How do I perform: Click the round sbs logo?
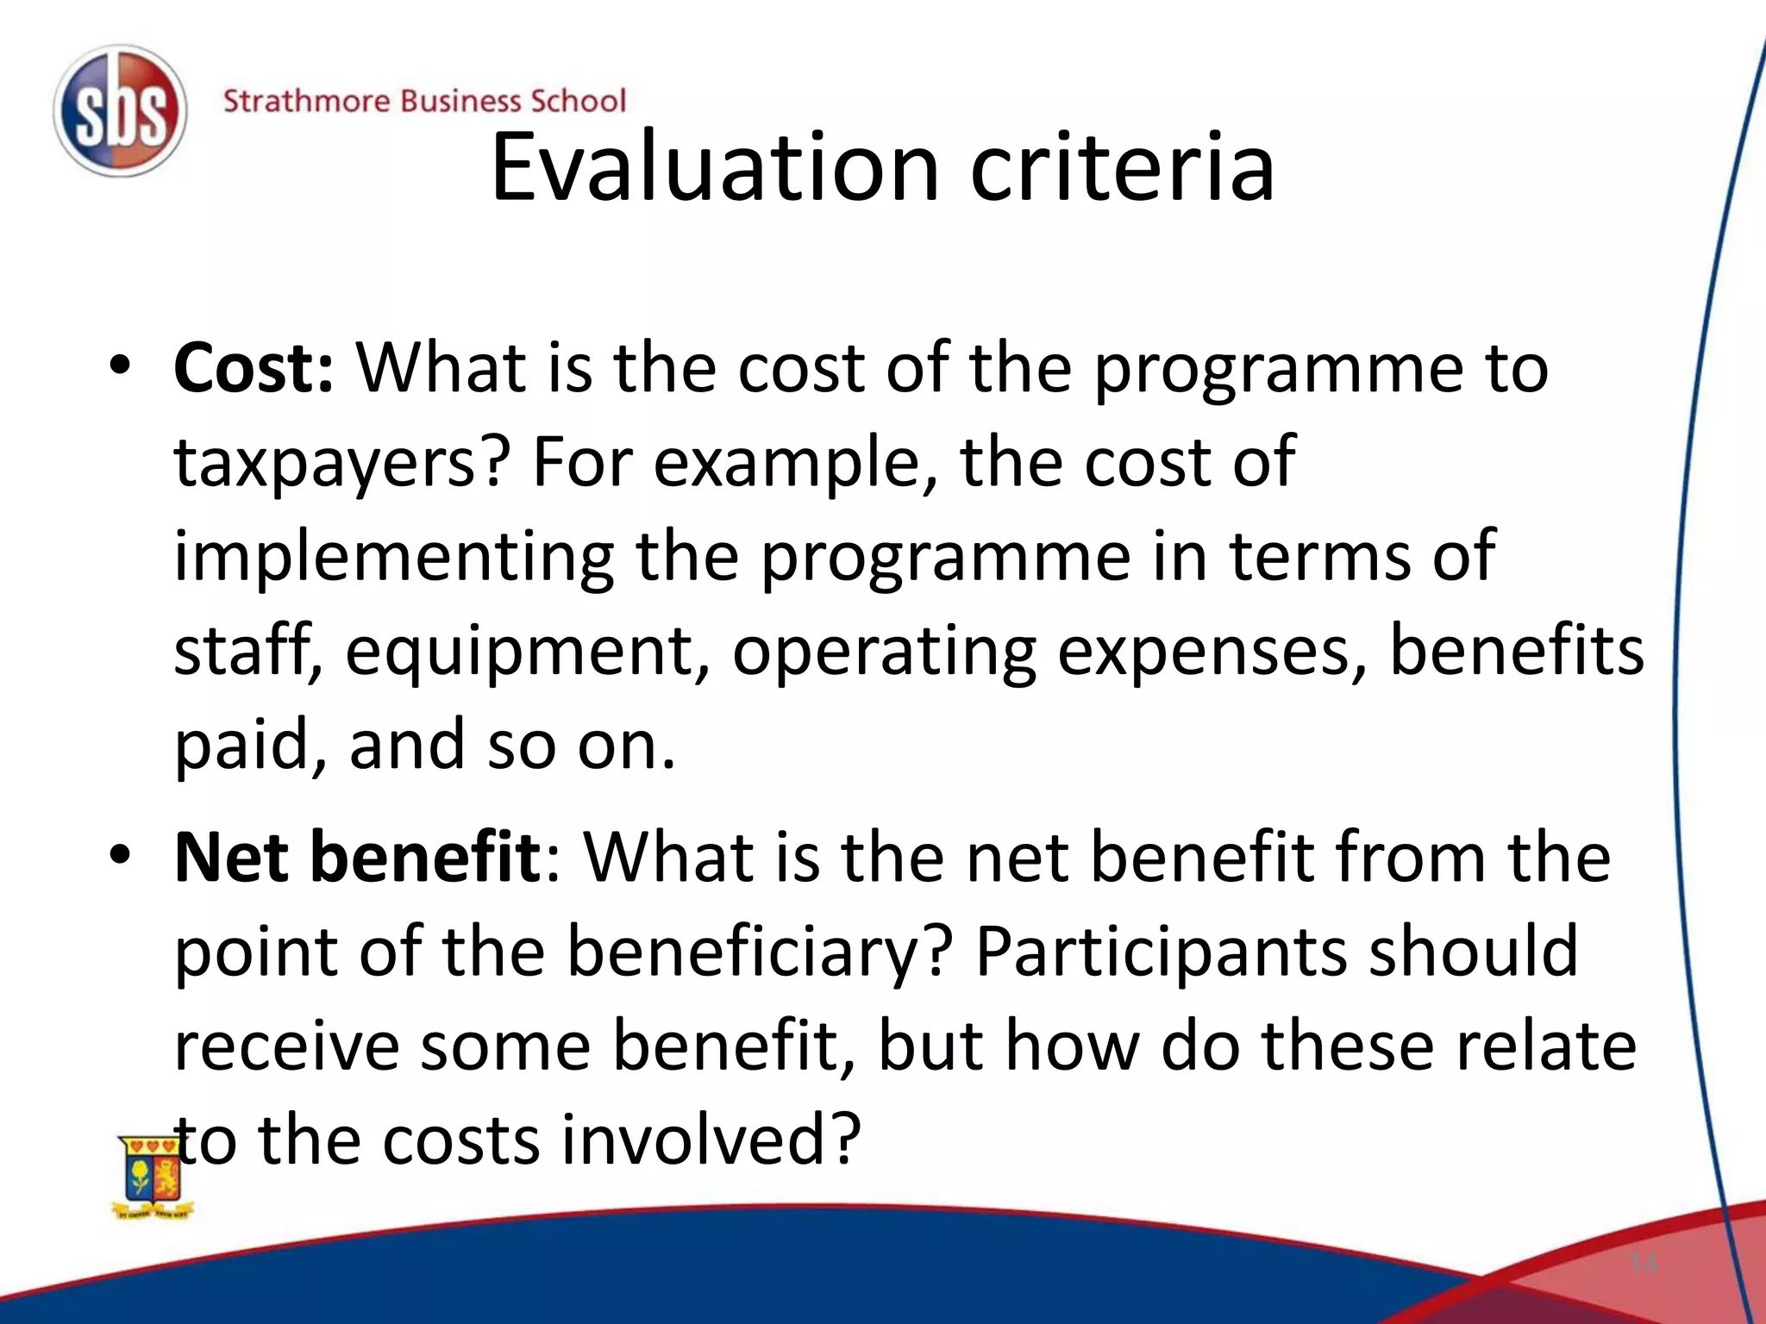click(120, 111)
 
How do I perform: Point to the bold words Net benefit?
click(357, 858)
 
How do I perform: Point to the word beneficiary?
click(760, 953)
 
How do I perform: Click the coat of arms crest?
click(153, 1177)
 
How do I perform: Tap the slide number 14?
click(1644, 1264)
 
